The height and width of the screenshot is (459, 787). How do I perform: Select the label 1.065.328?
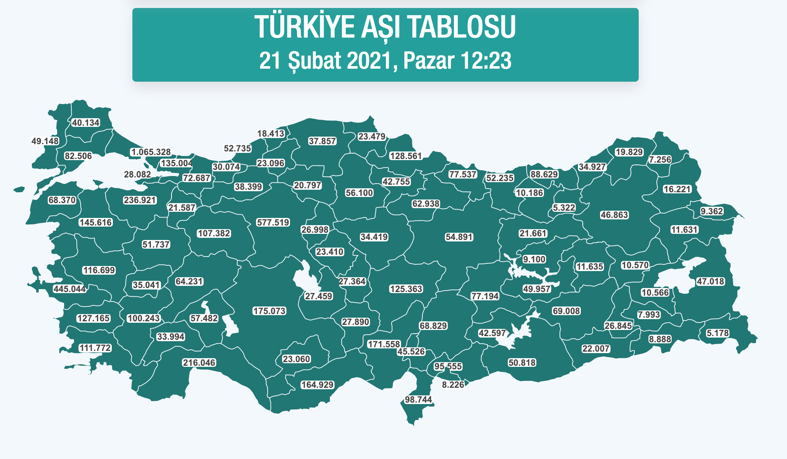(151, 152)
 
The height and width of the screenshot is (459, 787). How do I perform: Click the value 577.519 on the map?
(273, 223)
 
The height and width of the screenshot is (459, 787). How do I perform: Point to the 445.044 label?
(70, 289)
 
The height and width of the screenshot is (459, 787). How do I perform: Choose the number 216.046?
(199, 363)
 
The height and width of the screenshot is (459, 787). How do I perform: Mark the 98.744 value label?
(418, 399)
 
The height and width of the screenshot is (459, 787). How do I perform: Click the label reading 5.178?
(718, 333)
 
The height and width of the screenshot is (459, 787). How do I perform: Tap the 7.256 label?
(660, 159)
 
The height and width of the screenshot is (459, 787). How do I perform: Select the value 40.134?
(86, 123)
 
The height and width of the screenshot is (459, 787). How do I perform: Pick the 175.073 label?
(269, 311)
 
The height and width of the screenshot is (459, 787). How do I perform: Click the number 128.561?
(406, 156)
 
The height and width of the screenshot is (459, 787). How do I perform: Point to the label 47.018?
(710, 281)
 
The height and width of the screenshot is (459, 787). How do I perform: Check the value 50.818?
(522, 363)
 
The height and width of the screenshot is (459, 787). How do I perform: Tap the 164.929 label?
(318, 385)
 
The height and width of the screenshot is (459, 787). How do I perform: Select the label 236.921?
(140, 200)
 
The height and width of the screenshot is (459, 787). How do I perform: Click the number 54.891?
(459, 237)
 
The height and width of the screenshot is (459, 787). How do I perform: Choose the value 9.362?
(712, 211)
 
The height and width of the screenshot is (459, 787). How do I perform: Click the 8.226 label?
(453, 385)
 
